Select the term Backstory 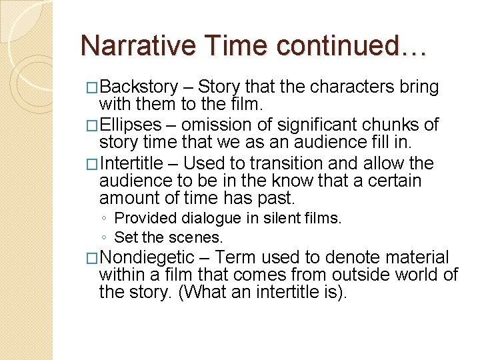coord(139,87)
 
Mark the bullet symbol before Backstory coord(93,88)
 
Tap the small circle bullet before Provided coord(105,219)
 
